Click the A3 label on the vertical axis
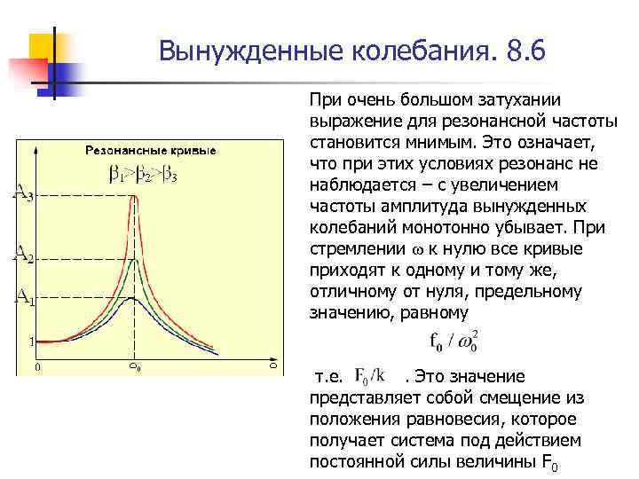(x=23, y=193)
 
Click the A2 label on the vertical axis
(x=23, y=256)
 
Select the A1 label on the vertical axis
(x=23, y=297)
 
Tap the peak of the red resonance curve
(x=134, y=197)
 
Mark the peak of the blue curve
(x=133, y=298)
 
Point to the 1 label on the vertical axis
(x=30, y=341)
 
